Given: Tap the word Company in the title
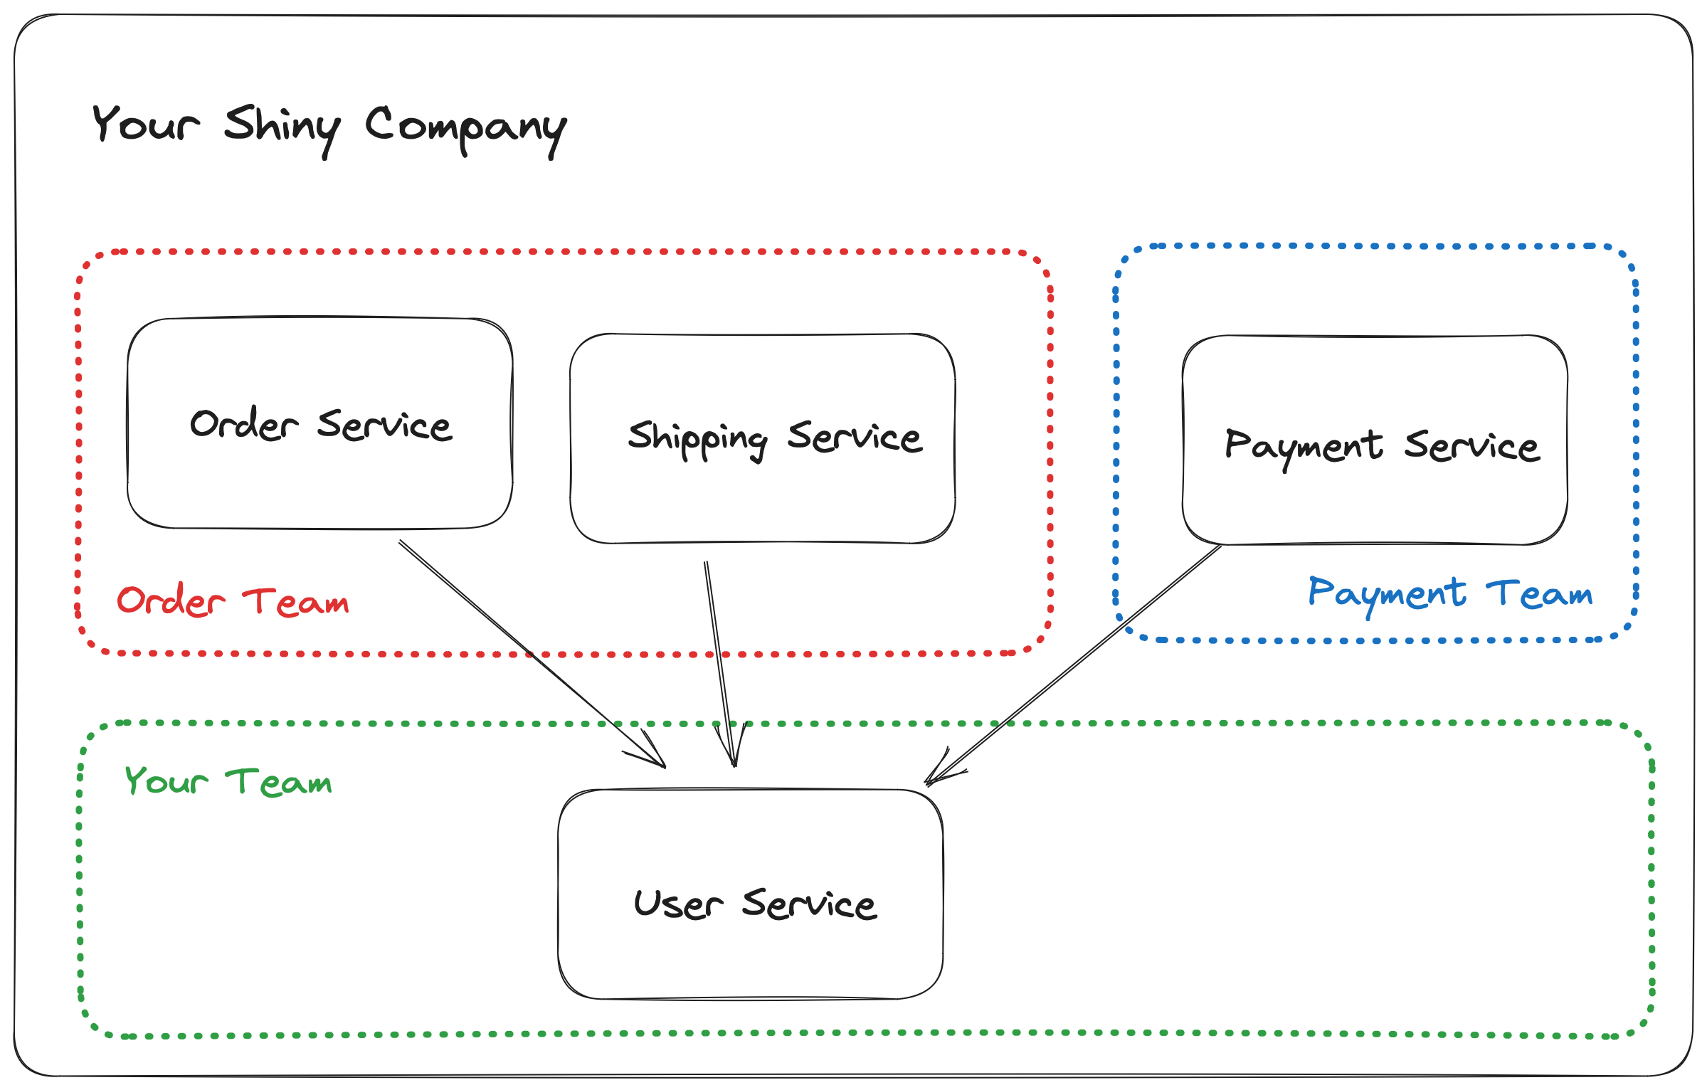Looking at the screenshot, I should click(x=465, y=128).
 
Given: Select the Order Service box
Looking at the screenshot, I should click(x=320, y=484).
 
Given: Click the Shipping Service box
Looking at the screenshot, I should click(x=762, y=498).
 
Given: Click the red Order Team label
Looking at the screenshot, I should click(x=233, y=601).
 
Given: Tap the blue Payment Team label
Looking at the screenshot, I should click(x=1449, y=594).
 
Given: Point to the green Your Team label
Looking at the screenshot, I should click(x=228, y=781).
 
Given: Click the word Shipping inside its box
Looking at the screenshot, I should click(x=697, y=438).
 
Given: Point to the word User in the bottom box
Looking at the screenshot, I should click(x=677, y=905).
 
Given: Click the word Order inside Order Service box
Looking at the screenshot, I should click(x=243, y=425).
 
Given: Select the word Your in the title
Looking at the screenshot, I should click(x=146, y=125).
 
